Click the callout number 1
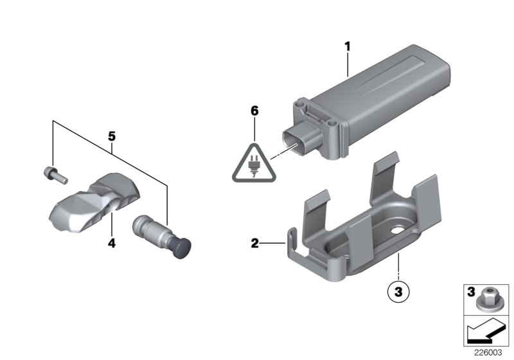[x=347, y=46]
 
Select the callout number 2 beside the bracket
[x=254, y=244]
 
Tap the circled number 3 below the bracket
[x=398, y=291]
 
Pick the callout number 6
[x=254, y=111]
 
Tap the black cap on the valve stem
[x=186, y=246]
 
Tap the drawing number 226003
[x=487, y=353]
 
